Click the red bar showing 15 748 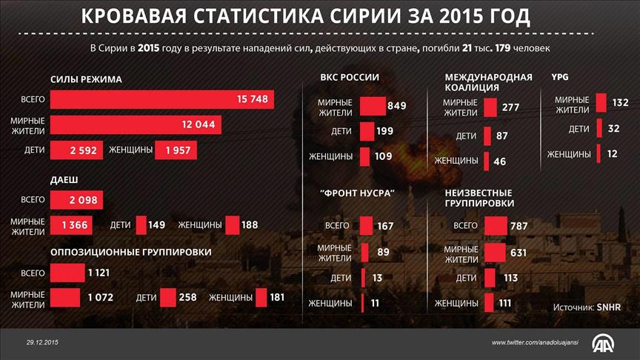(161, 100)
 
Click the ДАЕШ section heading (64, 180)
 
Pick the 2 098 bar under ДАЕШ (76, 200)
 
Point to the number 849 (396, 106)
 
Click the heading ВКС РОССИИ (350, 77)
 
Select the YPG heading (561, 77)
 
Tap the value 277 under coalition (510, 107)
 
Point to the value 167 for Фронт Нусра (384, 226)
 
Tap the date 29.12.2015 (42, 341)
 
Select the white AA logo (604, 342)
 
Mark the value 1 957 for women (176, 150)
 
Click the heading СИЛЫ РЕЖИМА (86, 79)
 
